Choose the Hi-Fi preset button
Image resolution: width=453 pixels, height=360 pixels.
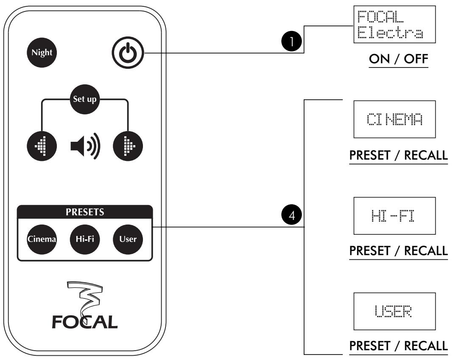pyautogui.click(x=84, y=238)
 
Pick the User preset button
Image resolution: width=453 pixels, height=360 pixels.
pyautogui.click(x=128, y=238)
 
